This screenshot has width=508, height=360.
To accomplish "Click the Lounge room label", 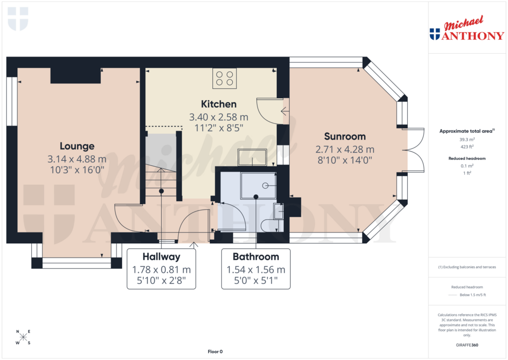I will point(77,146).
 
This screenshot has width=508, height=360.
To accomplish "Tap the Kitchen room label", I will point(218,104).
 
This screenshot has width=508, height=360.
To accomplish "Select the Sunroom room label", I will point(345,137).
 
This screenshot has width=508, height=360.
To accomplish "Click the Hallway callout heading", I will point(161,257).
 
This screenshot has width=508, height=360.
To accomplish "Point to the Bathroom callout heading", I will point(256,257).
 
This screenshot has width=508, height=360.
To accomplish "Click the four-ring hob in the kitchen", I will point(224,78).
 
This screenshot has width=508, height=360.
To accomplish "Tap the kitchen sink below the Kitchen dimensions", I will point(252,157).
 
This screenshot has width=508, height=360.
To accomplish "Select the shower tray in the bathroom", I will point(257,185).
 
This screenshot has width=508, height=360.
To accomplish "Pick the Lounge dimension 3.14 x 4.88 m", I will point(77,159).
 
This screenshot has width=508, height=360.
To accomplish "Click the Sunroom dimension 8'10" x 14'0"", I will point(345,160).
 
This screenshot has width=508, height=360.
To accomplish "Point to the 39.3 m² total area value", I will point(466,140).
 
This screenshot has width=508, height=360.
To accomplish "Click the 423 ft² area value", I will point(466,146).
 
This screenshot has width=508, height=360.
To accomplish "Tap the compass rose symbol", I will point(23,337).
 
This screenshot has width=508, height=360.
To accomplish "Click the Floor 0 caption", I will point(215,352).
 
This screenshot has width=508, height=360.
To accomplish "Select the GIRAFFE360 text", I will point(466,345).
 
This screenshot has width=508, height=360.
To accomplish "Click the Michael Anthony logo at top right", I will point(466,29).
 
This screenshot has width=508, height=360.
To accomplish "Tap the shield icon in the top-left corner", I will point(18,18).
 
